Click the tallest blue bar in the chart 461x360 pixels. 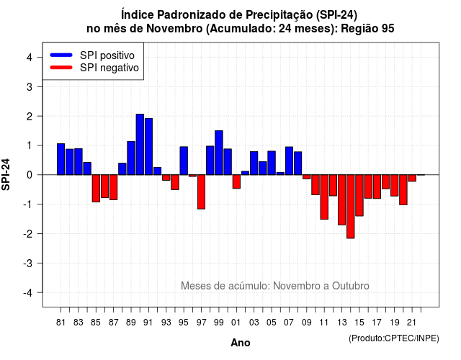point(140,144)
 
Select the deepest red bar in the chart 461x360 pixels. point(351,207)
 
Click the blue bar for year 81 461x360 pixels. point(61,159)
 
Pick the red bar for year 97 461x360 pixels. point(202,192)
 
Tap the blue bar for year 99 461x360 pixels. point(219,153)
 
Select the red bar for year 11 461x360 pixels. point(324,197)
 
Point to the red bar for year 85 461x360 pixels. point(96,189)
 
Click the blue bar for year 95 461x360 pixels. point(184,161)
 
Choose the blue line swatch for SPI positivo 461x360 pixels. point(61,55)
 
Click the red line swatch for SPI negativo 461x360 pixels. point(61,68)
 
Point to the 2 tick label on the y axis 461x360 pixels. point(29,117)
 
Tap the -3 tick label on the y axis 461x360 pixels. point(27,264)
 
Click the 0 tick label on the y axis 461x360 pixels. point(29,175)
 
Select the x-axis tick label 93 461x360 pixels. point(166,323)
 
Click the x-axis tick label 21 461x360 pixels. point(411,323)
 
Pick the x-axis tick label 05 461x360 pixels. point(272,323)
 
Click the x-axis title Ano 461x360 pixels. point(241,343)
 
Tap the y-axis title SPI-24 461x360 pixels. point(6,174)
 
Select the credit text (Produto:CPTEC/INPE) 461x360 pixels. point(394,338)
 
